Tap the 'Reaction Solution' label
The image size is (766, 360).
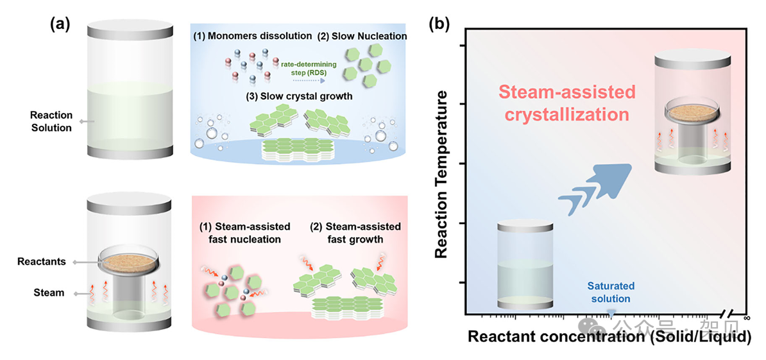[51, 121]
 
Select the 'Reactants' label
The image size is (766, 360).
[43, 262]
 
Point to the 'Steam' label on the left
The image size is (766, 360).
[49, 293]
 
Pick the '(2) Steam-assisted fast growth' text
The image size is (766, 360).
[355, 233]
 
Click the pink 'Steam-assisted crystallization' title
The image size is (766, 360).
[565, 103]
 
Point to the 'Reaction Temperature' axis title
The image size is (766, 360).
[441, 173]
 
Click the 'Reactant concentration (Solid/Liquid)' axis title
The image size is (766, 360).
[609, 337]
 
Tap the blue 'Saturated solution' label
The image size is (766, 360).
[610, 293]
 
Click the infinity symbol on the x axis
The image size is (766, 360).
[747, 317]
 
